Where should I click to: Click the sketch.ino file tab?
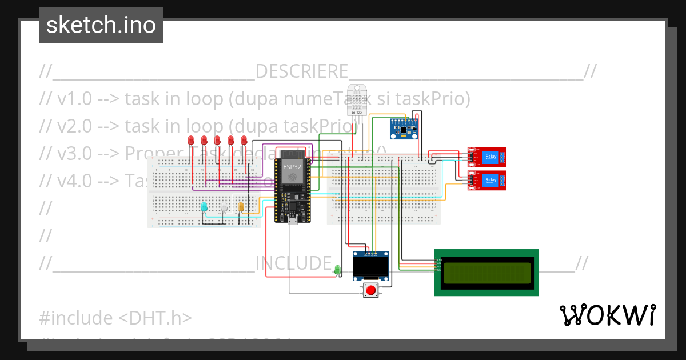101,25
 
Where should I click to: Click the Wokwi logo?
607,315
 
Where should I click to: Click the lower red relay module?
486,180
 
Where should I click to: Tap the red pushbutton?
371,290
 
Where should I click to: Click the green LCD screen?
486,272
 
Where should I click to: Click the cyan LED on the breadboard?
204,207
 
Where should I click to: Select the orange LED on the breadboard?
241,207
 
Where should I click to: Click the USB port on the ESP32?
293,219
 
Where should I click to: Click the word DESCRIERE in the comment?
302,72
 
